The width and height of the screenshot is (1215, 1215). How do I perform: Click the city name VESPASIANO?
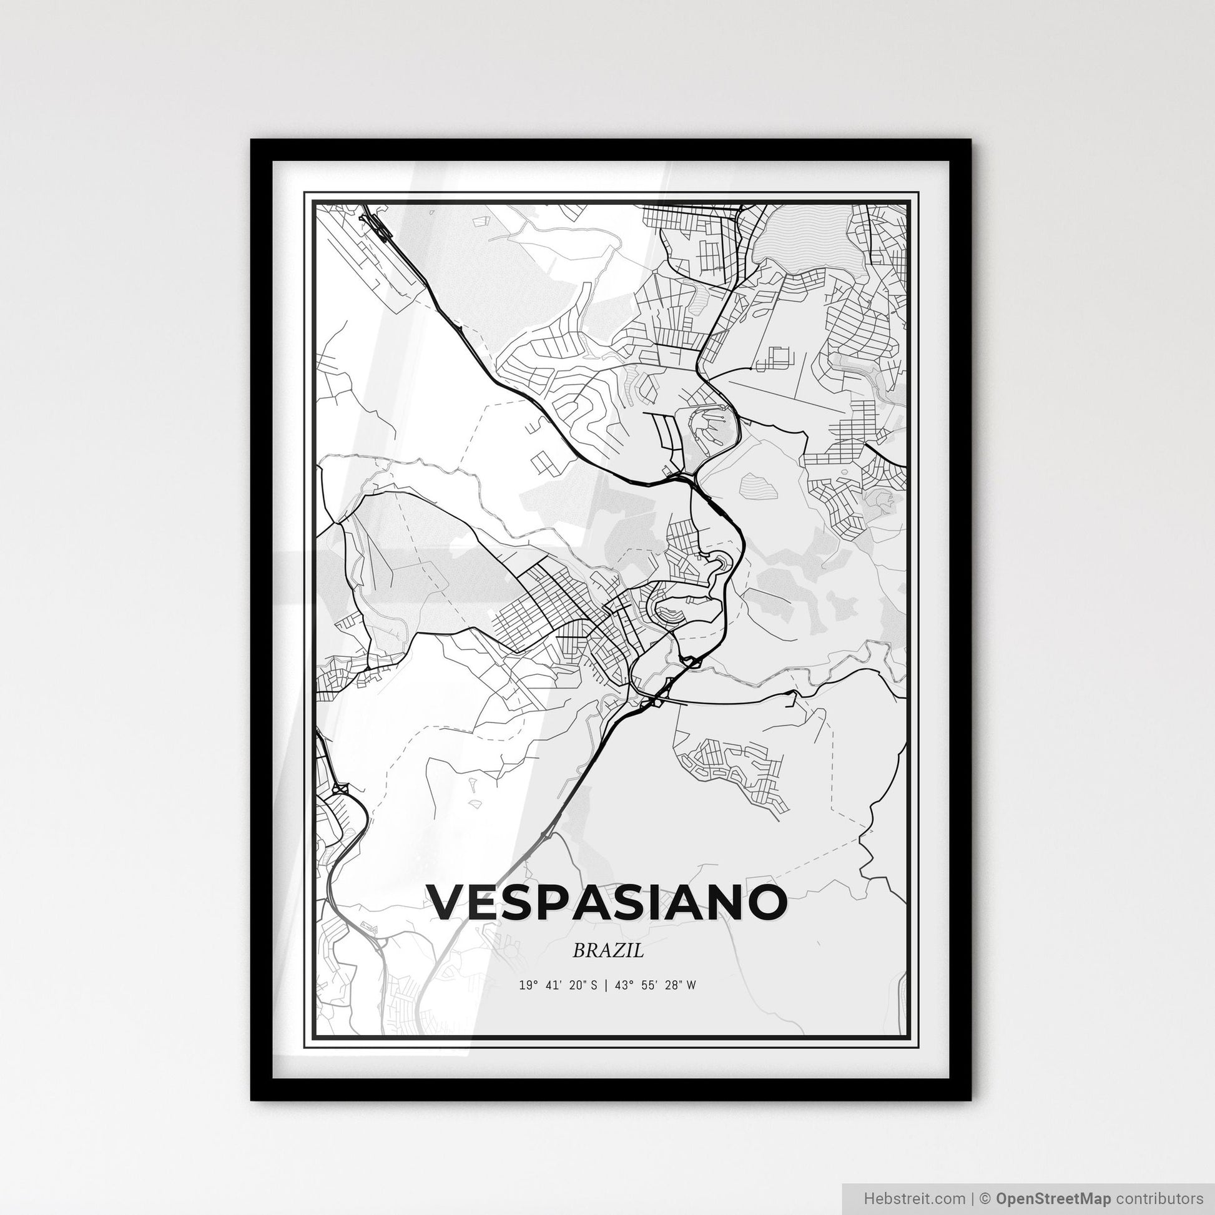(607, 902)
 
